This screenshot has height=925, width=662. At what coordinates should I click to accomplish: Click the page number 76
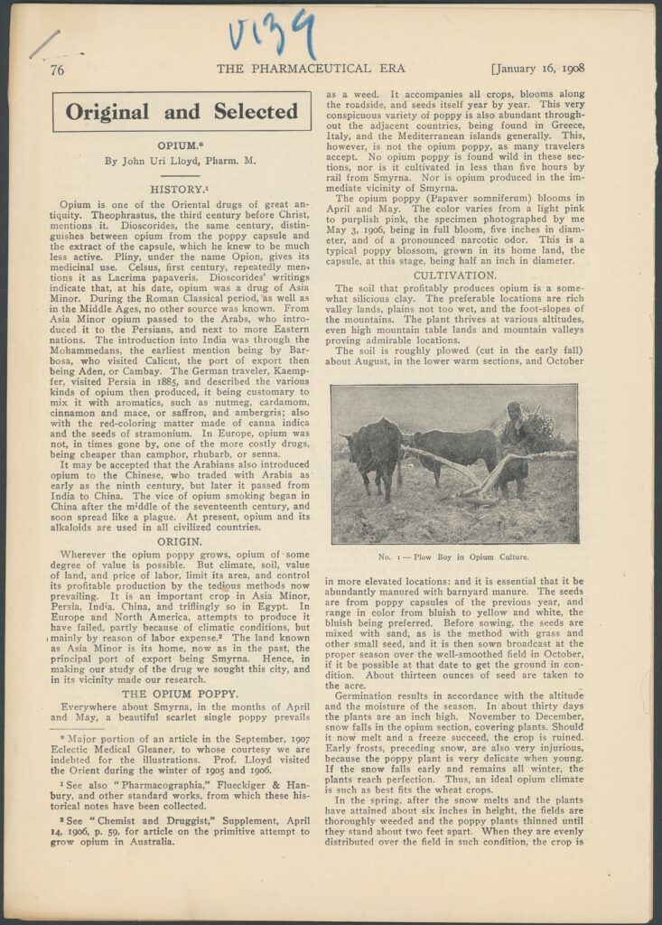click(57, 70)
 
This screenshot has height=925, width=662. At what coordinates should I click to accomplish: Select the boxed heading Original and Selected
click(182, 112)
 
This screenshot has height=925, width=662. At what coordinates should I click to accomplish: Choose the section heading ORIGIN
click(185, 541)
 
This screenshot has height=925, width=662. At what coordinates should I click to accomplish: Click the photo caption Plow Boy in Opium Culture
click(454, 557)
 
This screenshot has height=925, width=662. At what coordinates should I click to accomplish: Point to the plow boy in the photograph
click(517, 443)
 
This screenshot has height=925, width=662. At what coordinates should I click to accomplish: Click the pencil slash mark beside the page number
click(43, 43)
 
